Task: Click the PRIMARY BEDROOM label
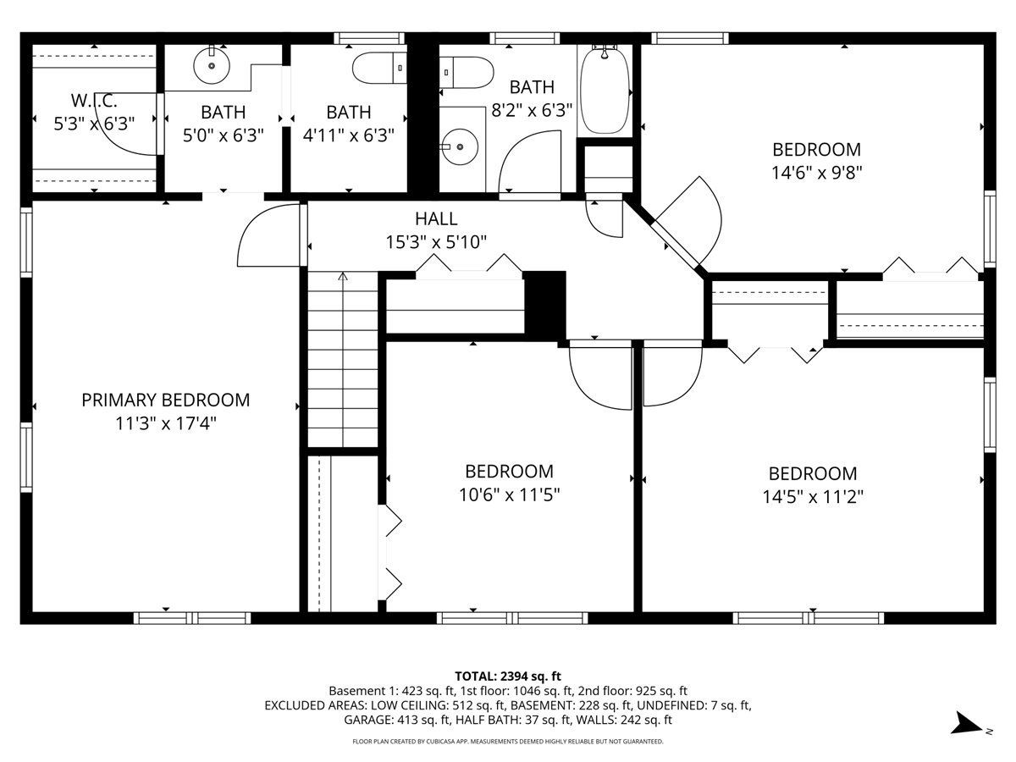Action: point(166,400)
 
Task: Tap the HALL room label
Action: point(436,218)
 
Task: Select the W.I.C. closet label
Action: point(94,101)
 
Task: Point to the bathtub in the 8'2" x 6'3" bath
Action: point(605,91)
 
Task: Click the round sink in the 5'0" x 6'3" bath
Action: point(212,66)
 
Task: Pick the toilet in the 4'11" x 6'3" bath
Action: point(379,68)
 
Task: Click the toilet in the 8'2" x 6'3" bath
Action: point(467,72)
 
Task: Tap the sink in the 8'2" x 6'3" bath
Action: point(460,146)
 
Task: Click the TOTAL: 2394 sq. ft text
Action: point(508,676)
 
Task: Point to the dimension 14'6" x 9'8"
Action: point(816,173)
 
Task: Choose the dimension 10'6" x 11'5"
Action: point(509,495)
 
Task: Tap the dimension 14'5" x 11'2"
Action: point(813,497)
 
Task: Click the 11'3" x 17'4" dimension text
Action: point(166,423)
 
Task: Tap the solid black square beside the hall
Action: point(544,306)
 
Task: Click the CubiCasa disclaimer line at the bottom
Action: point(508,742)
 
